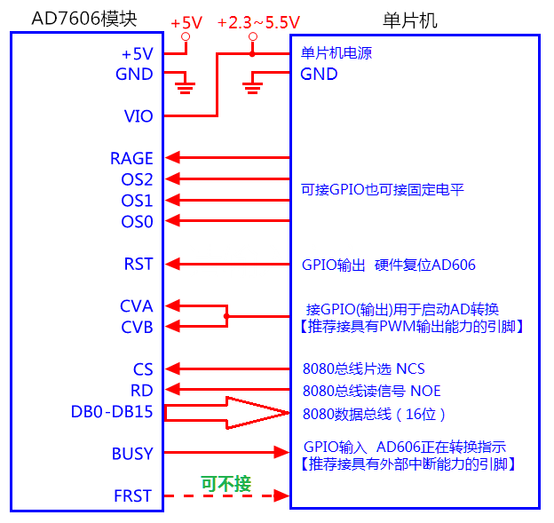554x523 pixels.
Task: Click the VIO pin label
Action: tap(138, 116)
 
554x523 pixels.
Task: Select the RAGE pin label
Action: tap(131, 159)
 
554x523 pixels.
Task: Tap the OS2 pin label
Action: tap(137, 179)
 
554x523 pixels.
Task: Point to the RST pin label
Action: tap(138, 264)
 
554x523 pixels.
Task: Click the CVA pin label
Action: tap(136, 306)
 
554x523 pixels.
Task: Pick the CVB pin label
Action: tap(136, 327)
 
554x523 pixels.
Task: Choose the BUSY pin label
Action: tap(132, 454)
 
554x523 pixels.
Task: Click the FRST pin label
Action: tap(132, 495)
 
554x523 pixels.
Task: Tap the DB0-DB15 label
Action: tap(112, 411)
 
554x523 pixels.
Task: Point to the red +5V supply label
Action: tap(186, 21)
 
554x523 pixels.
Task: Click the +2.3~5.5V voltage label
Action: tap(257, 21)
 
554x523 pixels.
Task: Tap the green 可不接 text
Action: tap(226, 484)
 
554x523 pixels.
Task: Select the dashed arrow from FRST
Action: tap(227, 495)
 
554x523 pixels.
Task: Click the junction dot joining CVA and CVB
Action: tap(227, 316)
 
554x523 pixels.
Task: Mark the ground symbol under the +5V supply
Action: tap(186, 85)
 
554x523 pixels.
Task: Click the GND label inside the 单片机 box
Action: tap(319, 75)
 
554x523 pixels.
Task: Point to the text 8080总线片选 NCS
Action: tap(364, 369)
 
